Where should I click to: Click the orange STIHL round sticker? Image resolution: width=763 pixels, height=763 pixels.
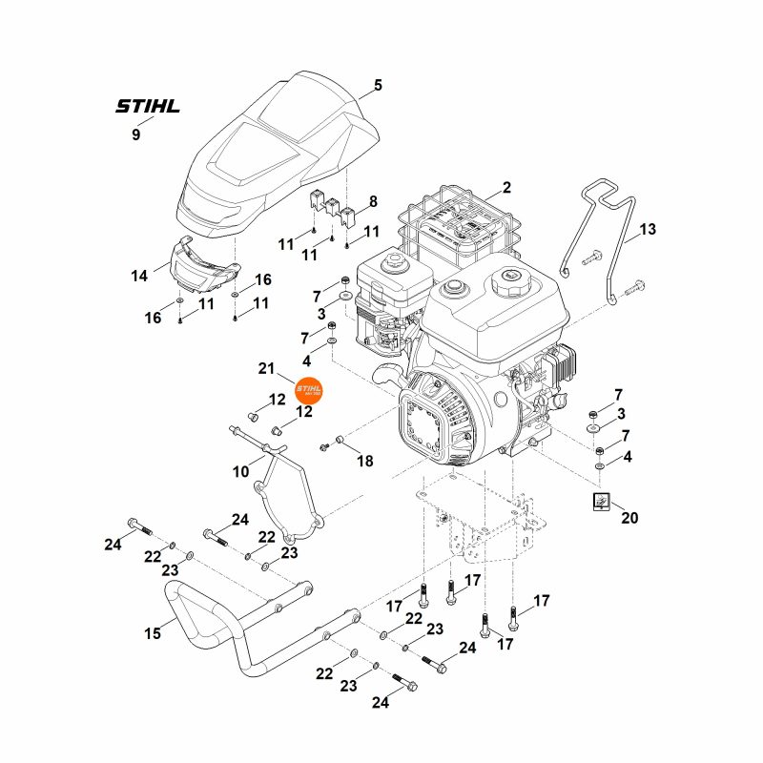[x=310, y=393]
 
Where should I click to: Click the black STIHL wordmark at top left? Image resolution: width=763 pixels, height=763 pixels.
[x=147, y=106]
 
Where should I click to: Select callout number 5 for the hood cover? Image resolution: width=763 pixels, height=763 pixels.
[x=378, y=86]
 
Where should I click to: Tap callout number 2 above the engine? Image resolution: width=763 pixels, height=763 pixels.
[x=506, y=188]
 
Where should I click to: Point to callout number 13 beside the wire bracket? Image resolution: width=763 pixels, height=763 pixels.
[x=648, y=230]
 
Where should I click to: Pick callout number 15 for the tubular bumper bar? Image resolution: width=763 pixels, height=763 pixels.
[x=152, y=632]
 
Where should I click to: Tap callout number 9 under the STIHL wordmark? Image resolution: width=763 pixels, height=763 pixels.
[x=135, y=135]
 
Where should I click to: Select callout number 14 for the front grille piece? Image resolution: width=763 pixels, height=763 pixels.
[x=139, y=276]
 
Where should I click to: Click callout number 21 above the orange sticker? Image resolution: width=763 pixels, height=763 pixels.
[x=266, y=368]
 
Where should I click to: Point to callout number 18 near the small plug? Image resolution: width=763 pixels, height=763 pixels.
[x=365, y=461]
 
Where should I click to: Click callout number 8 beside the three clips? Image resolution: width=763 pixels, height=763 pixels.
[x=373, y=202]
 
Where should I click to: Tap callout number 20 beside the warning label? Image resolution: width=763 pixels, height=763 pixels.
[x=629, y=519]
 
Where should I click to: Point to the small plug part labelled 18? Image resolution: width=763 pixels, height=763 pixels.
[x=338, y=441]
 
